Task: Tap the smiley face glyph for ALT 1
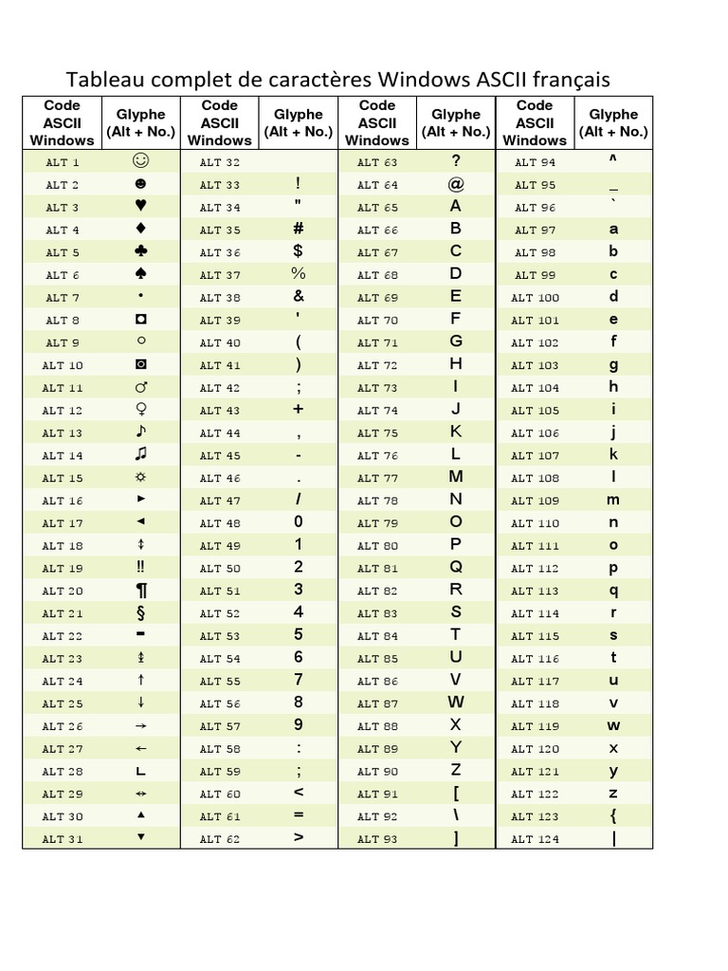141,161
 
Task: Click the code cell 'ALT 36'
220,252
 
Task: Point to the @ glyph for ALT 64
456,184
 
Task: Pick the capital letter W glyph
456,703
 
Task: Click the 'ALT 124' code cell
535,839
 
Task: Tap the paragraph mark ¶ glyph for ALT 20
141,591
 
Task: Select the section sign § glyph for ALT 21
141,614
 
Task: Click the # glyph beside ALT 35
299,229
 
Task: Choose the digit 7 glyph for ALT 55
299,680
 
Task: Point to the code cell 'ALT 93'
377,839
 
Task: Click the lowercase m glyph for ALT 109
613,500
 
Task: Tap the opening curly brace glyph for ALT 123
613,815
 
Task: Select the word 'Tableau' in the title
100,77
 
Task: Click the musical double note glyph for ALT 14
141,455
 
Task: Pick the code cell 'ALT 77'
377,478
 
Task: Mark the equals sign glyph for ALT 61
299,815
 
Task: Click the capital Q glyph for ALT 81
456,567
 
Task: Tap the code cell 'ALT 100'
535,297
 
